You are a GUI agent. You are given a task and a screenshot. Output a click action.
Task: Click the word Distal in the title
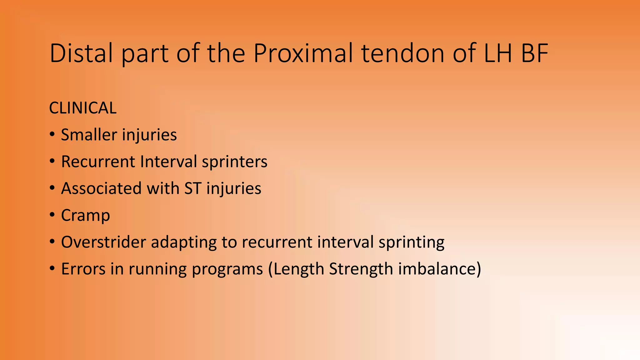[81, 53]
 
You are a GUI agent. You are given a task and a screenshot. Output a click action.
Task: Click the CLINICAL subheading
[83, 108]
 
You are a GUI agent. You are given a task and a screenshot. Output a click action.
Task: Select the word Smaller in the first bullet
[89, 135]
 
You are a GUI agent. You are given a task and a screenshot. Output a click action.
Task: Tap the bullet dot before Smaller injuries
[52, 135]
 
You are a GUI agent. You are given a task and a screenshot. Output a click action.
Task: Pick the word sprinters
[234, 162]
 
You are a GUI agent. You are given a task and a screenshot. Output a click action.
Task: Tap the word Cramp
[85, 216]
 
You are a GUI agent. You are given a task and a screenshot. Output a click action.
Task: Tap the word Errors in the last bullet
[83, 269]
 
